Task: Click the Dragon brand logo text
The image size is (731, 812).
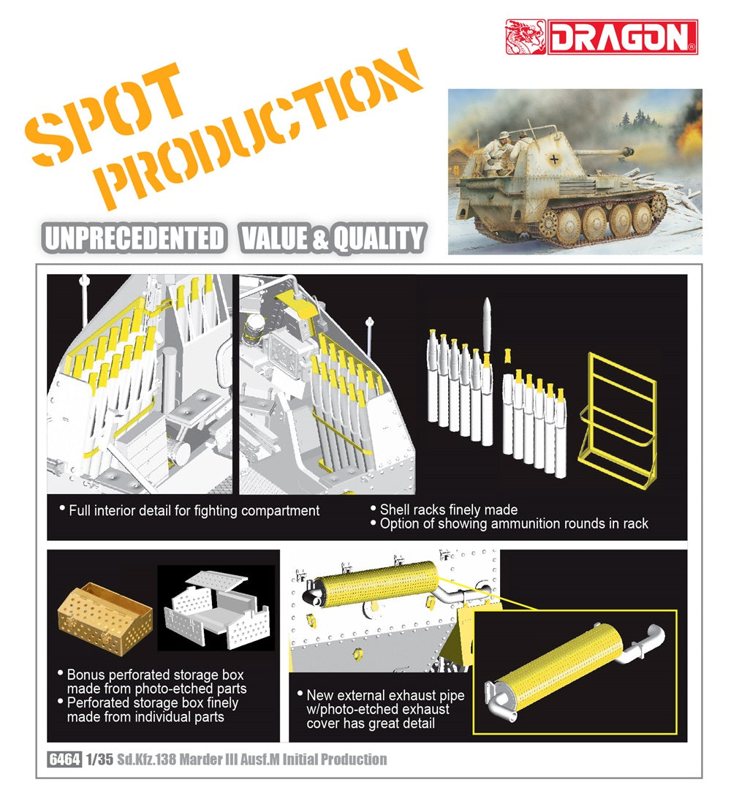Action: point(622,37)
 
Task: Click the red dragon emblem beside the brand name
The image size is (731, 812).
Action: point(526,37)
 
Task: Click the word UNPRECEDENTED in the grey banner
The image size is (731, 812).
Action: point(135,239)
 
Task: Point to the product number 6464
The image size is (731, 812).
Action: point(65,759)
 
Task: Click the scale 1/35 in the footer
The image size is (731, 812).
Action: point(99,759)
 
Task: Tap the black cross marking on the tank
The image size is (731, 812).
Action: point(555,159)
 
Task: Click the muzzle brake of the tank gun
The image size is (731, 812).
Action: point(628,152)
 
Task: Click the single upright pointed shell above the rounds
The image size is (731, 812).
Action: point(486,323)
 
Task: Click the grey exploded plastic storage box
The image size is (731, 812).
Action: point(216,610)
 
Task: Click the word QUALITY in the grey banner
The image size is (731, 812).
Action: point(378,239)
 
